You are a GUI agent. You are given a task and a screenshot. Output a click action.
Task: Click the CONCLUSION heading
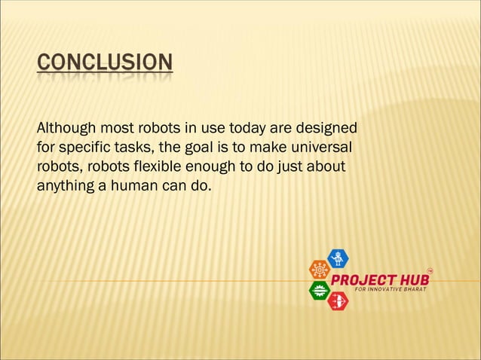[x=104, y=62]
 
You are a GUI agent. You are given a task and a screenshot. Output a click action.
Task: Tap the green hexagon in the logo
[x=320, y=291]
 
